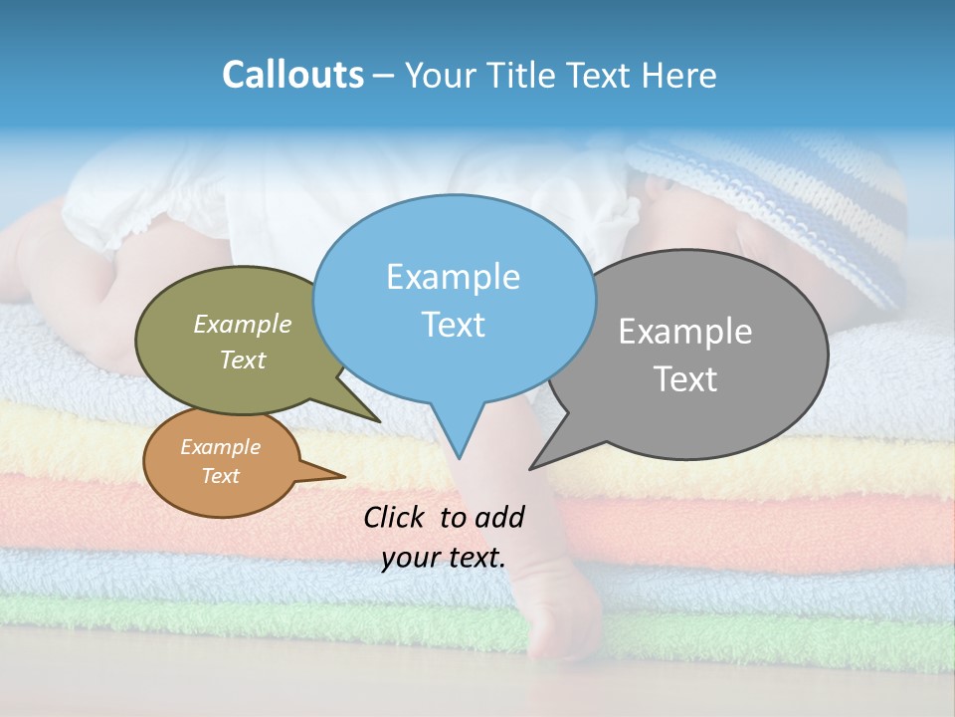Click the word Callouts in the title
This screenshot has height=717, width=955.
point(292,75)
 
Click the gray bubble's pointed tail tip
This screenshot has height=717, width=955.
point(531,468)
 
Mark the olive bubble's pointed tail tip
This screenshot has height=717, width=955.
point(379,421)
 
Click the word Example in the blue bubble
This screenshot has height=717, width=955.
point(453,277)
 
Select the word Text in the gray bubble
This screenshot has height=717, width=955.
point(685,379)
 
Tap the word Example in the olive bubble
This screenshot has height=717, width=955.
point(242,325)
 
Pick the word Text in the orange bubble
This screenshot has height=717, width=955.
point(221,476)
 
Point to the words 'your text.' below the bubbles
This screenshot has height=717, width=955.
point(444,558)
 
